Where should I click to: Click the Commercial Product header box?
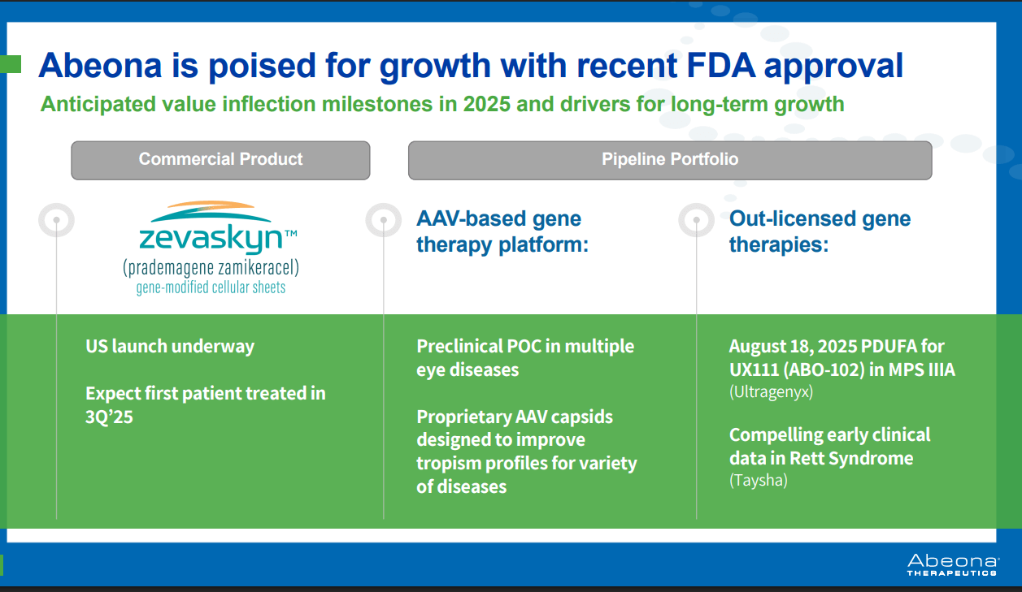coord(220,160)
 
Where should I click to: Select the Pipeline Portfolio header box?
coord(670,160)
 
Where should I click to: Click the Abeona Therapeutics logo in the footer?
coord(953,565)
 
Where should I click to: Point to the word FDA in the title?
coord(720,65)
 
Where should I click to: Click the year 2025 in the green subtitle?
coord(486,104)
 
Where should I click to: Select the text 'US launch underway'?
coord(170,347)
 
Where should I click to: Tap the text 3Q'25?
coord(109,417)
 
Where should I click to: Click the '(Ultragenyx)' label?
coord(771,392)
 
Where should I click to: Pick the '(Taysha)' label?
coord(759,481)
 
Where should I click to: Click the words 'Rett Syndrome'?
coord(851,459)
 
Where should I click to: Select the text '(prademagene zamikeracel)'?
coord(211,267)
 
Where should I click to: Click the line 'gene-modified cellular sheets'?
coord(211,287)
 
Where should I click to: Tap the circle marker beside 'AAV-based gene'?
coord(384,220)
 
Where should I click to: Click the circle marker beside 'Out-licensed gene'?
coord(697,220)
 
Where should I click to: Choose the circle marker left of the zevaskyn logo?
coord(57,220)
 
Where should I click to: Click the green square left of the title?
coord(10,64)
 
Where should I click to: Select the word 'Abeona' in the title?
coord(100,65)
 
